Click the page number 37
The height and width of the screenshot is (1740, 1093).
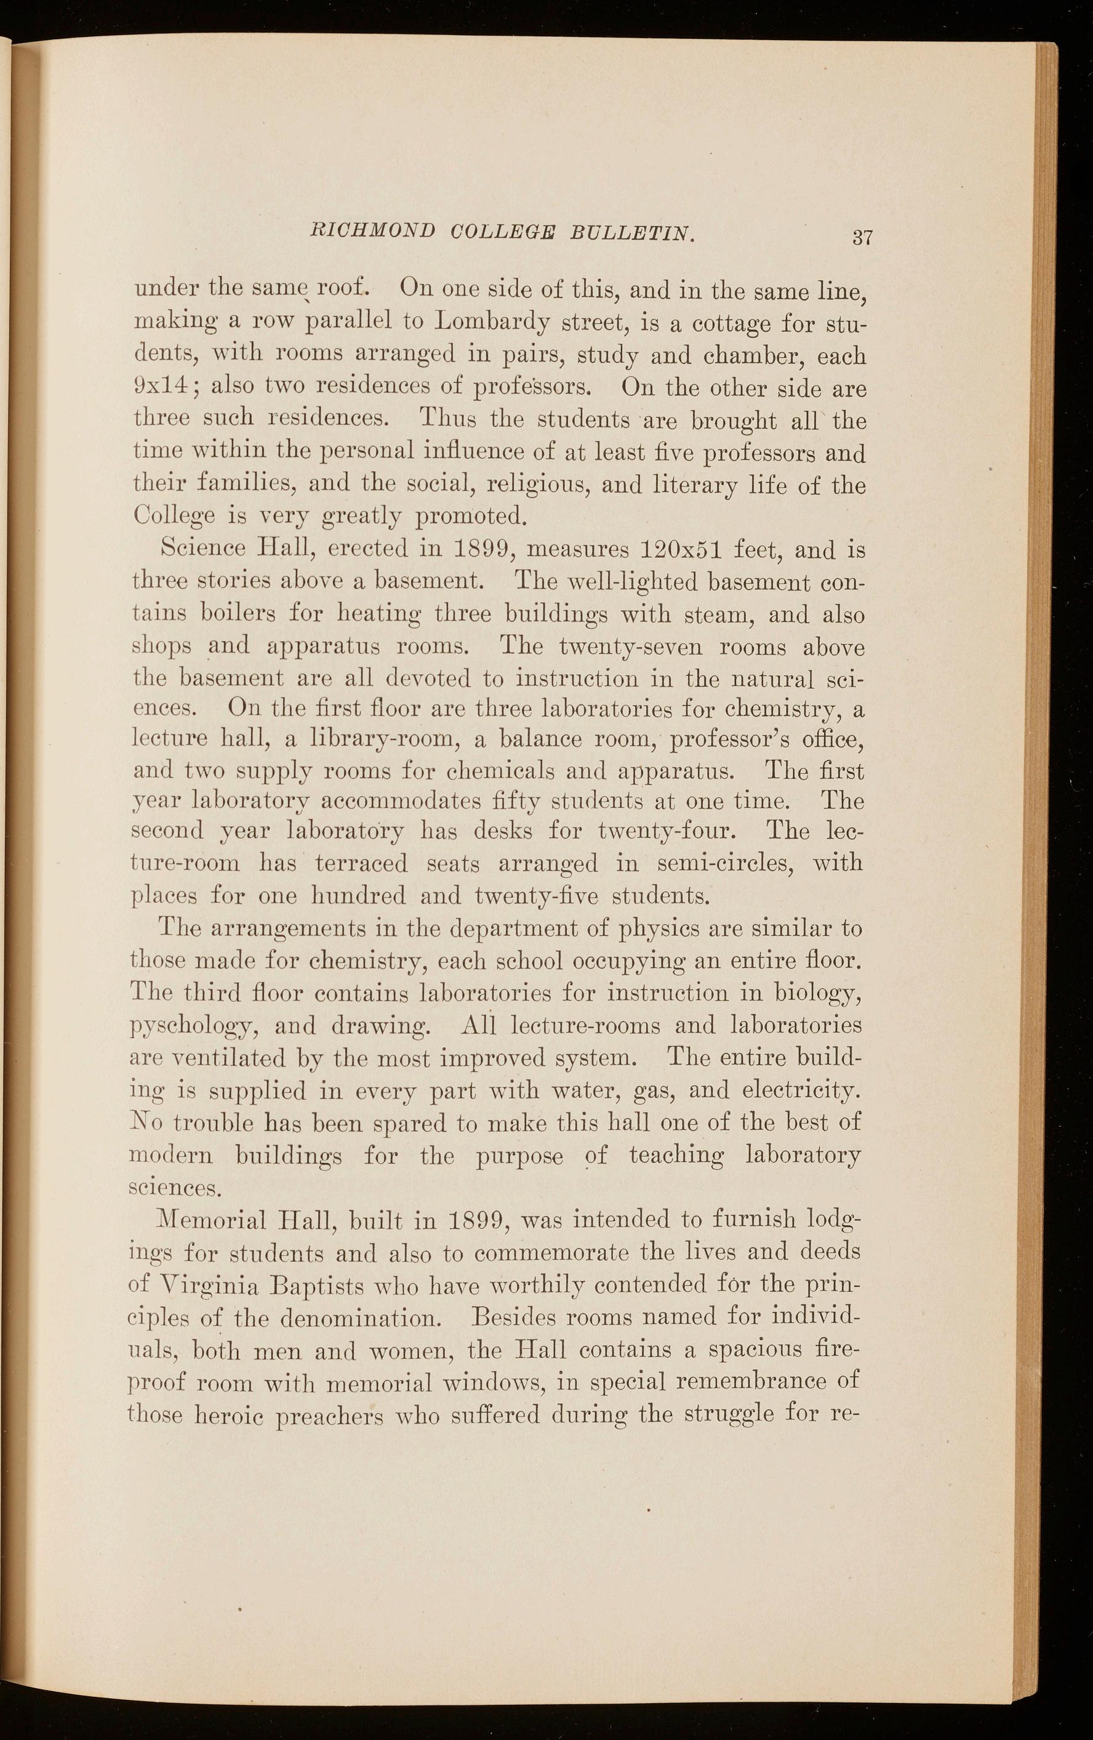coord(863,237)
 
